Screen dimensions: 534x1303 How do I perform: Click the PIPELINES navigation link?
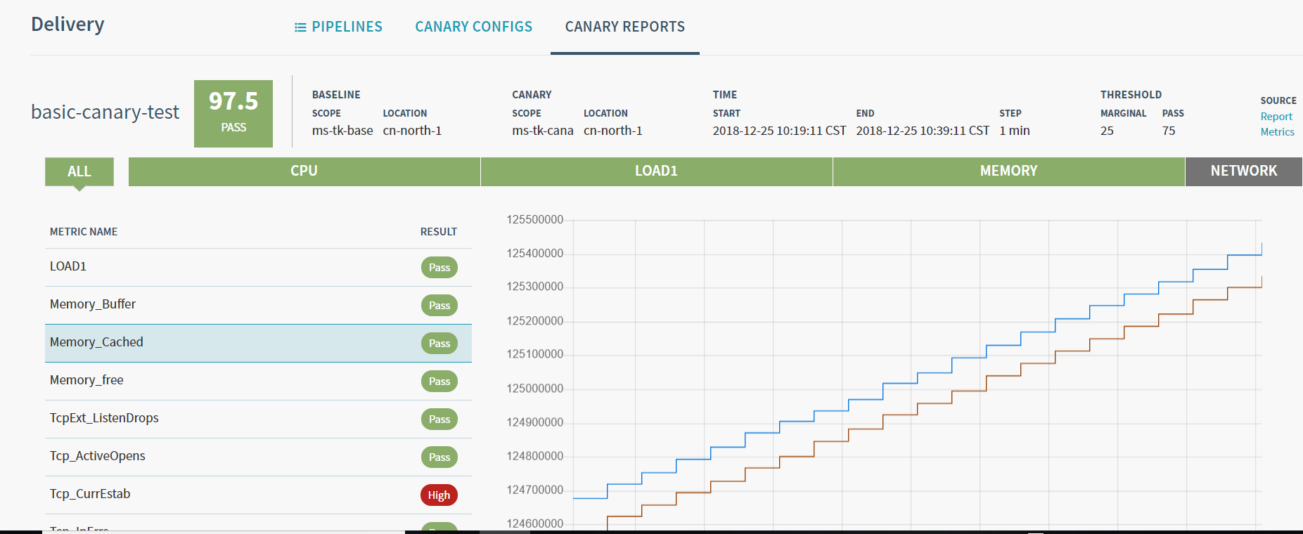click(x=339, y=27)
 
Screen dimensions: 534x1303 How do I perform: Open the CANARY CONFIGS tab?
click(x=473, y=27)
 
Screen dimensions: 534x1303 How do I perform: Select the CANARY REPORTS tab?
click(x=624, y=27)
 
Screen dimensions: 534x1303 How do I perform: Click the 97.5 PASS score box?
click(x=233, y=113)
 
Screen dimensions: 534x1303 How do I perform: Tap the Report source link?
click(x=1276, y=117)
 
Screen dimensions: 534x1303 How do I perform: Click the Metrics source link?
click(x=1277, y=132)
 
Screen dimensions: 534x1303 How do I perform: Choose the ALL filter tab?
click(x=79, y=171)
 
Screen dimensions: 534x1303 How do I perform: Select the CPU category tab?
click(x=304, y=171)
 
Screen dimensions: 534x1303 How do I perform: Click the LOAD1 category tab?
click(x=656, y=171)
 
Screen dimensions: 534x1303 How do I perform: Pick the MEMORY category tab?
click(x=1008, y=171)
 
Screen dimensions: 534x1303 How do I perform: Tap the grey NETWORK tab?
click(x=1243, y=171)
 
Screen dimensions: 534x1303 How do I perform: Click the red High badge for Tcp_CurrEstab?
click(x=439, y=495)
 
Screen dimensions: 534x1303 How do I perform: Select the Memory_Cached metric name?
click(x=96, y=342)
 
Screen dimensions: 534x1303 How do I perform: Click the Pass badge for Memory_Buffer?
click(x=439, y=306)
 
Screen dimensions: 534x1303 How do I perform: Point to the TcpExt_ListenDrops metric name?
click(x=104, y=418)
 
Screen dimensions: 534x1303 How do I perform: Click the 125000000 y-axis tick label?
click(x=535, y=389)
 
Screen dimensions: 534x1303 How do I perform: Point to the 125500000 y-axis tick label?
click(x=535, y=220)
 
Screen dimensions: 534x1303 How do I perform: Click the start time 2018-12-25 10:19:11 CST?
click(x=779, y=131)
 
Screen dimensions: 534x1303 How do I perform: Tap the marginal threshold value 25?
click(x=1107, y=131)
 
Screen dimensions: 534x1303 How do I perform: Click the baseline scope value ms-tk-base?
click(x=342, y=131)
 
